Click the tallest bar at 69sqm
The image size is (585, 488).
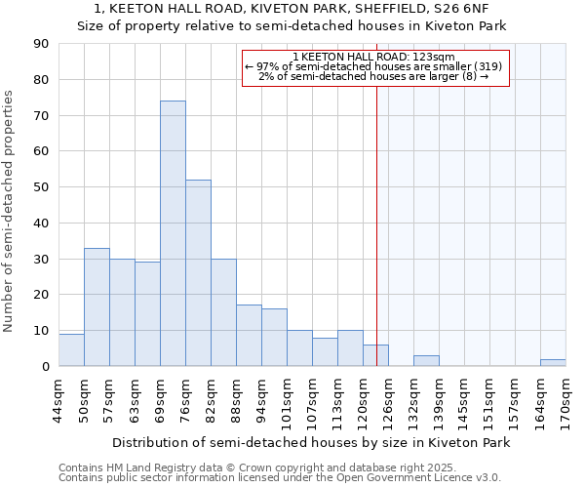[x=173, y=233]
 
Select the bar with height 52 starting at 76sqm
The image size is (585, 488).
[x=198, y=273]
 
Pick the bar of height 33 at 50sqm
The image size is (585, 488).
[x=97, y=307]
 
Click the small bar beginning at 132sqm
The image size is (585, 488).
[x=426, y=361]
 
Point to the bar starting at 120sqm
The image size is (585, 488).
[x=375, y=356]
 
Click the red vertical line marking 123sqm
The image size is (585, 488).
[x=376, y=244]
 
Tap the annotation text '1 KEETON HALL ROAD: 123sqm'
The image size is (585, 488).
[x=375, y=57]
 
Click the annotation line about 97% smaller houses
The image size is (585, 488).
[x=375, y=66]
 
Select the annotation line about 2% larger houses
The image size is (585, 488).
[x=375, y=76]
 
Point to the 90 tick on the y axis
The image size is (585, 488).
[x=41, y=44]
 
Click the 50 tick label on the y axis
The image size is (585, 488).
[x=41, y=187]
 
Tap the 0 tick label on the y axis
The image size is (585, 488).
[x=45, y=367]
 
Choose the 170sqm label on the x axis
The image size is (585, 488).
[x=565, y=400]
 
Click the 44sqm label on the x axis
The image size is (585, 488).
[x=58, y=400]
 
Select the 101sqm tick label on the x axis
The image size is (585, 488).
[x=287, y=400]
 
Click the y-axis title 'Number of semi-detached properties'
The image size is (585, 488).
[x=9, y=211]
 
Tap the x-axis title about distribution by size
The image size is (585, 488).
[x=311, y=442]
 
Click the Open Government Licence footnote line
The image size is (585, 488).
[x=280, y=478]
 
